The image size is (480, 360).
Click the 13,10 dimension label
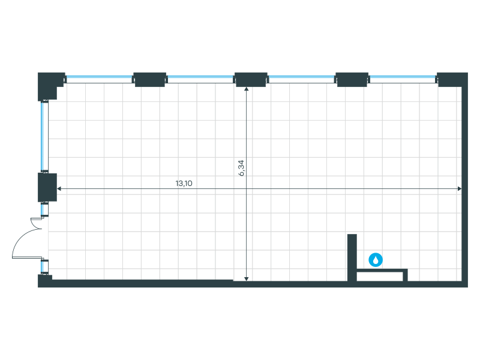pyautogui.click(x=184, y=184)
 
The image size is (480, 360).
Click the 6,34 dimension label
pyautogui.click(x=242, y=167)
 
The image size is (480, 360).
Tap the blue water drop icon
pyautogui.click(x=376, y=260)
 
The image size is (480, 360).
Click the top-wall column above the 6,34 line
pyautogui.click(x=251, y=79)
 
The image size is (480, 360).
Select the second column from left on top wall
pyautogui.click(x=150, y=79)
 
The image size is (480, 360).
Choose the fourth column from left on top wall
pyautogui.click(x=352, y=79)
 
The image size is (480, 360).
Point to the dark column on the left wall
pyautogui.click(x=47, y=187)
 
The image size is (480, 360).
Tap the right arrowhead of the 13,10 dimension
pyautogui.click(x=460, y=189)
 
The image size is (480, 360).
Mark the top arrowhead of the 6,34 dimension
pyautogui.click(x=247, y=90)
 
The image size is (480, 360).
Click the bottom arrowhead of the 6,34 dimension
pyautogui.click(x=247, y=278)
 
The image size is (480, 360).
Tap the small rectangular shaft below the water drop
pyautogui.click(x=382, y=275)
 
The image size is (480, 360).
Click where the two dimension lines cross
pyautogui.click(x=247, y=189)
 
